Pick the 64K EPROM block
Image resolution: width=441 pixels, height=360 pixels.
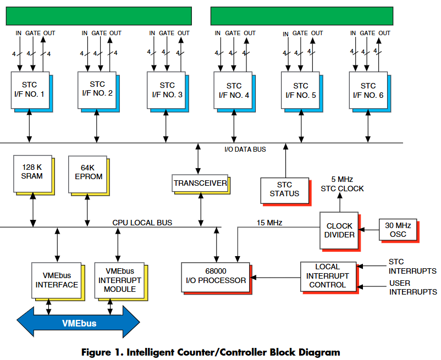click(88, 174)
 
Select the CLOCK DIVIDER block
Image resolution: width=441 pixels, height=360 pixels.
click(339, 230)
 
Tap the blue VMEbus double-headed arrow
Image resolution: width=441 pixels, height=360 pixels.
click(79, 322)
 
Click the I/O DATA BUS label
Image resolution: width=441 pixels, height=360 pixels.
click(245, 149)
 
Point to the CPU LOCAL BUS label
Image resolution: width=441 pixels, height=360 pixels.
click(142, 223)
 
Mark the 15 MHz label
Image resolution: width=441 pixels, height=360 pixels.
click(269, 223)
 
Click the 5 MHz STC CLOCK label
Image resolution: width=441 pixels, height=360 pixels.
click(342, 184)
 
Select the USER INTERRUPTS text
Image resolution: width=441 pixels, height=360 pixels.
click(413, 287)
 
